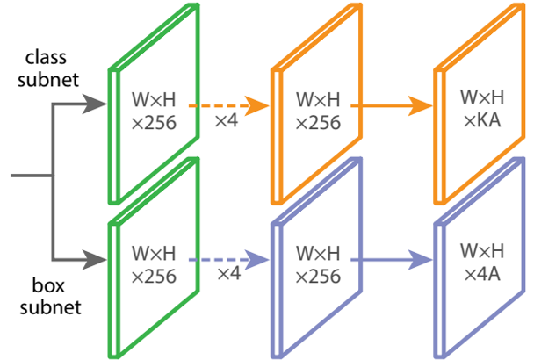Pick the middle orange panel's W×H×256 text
pos(319,109)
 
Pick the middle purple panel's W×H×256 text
pos(319,264)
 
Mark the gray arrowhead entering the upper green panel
pos(94,105)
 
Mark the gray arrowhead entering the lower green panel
pos(94,260)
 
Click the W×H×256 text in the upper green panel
pos(154,109)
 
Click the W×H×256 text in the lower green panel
pos(154,264)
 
